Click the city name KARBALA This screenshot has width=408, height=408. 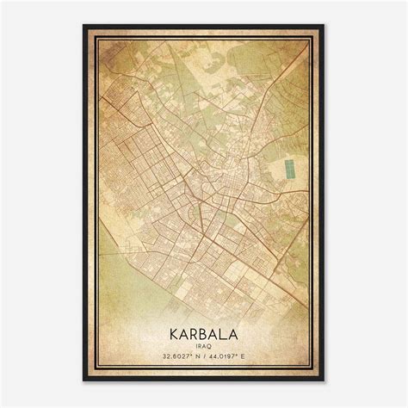coord(204,331)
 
